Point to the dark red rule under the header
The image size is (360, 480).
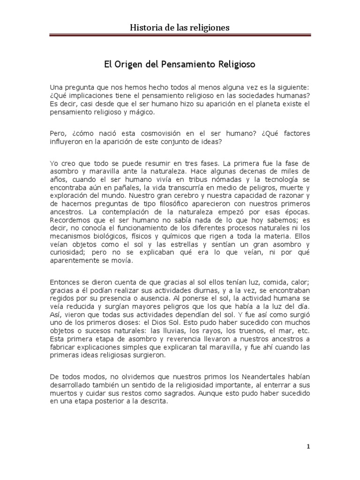(x=180, y=35)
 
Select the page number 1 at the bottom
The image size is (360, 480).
(x=307, y=446)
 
